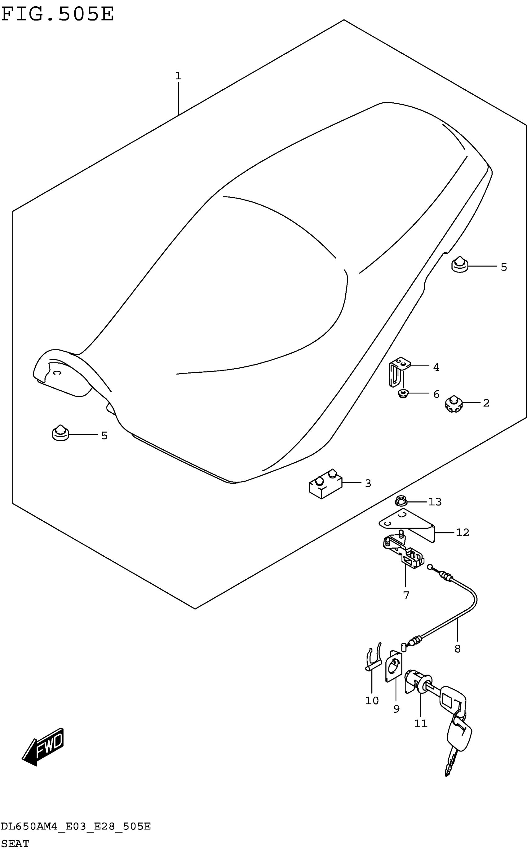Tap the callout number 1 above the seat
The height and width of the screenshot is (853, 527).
point(178,76)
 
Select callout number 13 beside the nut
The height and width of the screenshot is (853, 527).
point(435,502)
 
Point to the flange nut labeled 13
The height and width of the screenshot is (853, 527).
point(401,501)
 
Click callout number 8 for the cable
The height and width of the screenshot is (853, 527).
point(457,649)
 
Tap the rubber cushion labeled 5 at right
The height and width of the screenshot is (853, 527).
point(460,265)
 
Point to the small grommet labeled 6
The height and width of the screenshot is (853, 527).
point(403,394)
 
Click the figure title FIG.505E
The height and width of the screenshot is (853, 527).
point(58,15)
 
